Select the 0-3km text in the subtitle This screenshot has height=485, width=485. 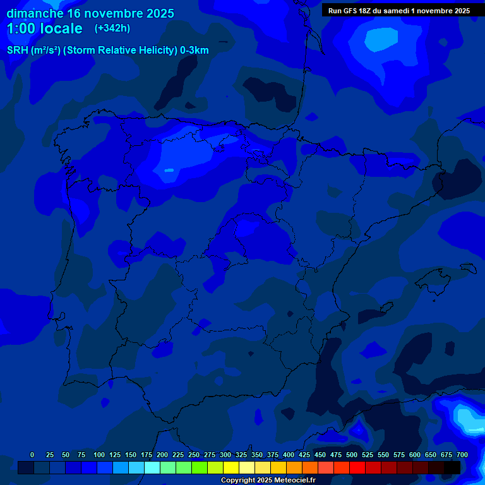194,51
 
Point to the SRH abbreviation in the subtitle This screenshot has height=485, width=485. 17,51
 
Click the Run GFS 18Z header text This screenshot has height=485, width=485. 357,11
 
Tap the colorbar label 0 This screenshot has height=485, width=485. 32,455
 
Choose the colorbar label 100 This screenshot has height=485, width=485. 99,455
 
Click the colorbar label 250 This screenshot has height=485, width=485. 194,455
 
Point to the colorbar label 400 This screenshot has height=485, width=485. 289,455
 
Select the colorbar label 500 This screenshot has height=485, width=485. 352,455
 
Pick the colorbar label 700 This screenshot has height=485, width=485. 462,455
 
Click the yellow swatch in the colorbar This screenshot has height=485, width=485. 231,467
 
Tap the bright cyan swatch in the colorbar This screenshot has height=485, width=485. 152,467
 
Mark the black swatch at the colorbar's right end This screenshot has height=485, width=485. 452,467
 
